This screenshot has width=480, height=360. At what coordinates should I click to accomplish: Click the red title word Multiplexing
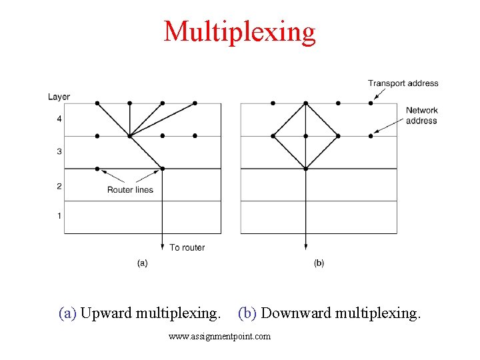[239, 31]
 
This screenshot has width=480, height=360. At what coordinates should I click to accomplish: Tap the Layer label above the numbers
[59, 97]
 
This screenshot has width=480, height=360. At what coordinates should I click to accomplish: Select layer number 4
[59, 119]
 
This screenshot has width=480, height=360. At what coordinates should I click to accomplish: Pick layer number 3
[59, 152]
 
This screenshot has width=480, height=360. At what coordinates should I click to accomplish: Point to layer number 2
[59, 186]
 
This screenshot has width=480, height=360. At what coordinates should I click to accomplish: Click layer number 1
[59, 215]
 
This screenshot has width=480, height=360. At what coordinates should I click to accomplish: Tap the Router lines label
[130, 190]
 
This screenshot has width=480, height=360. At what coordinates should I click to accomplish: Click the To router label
[187, 247]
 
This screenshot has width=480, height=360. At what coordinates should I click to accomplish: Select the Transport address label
[403, 83]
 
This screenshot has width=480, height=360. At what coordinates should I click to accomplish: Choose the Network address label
[421, 115]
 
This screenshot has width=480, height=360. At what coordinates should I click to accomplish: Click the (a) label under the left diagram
[142, 263]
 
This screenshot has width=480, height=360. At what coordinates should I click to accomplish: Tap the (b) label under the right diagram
[319, 263]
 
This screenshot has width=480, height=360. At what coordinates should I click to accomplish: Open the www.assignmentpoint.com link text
[219, 337]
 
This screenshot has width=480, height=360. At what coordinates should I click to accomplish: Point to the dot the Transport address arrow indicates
[371, 103]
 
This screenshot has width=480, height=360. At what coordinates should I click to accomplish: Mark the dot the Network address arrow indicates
[371, 136]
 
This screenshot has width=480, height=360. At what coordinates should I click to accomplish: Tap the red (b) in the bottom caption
[247, 313]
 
